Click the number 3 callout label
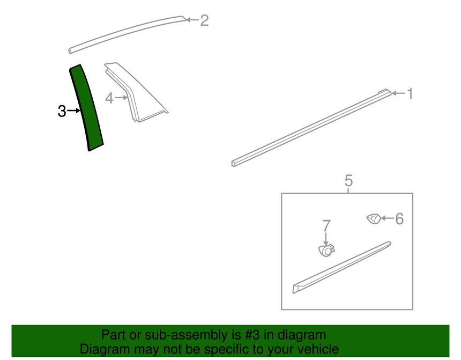(62, 111)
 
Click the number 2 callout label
(204, 20)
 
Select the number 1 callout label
(410, 94)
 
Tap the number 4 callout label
(109, 98)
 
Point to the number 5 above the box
(348, 180)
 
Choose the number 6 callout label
(399, 219)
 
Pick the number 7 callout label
(326, 226)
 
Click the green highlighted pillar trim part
(86, 107)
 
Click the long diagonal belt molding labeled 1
(311, 128)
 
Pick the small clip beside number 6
(374, 219)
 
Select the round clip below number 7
(326, 251)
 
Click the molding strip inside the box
(341, 268)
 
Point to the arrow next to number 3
(74, 111)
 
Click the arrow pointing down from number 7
(326, 239)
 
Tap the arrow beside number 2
(192, 20)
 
